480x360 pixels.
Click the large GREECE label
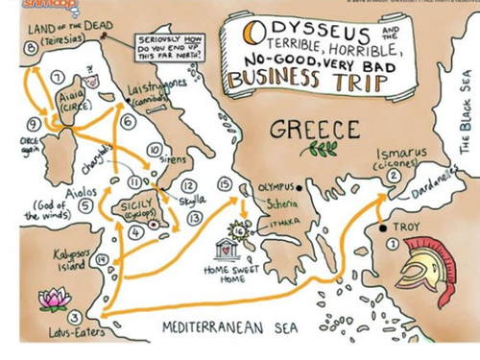tap(313, 129)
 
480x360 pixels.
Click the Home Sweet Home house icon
tap(228, 247)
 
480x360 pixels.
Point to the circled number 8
tap(31, 47)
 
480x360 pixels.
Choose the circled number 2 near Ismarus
tap(393, 176)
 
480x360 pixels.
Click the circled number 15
tap(226, 182)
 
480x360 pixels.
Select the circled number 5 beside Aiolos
tap(85, 204)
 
